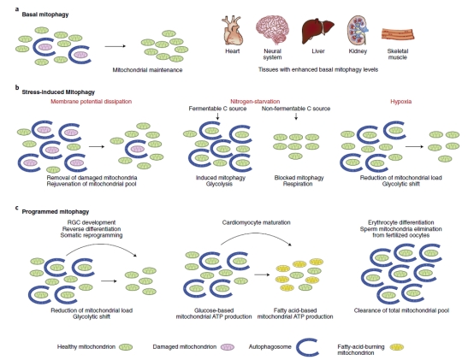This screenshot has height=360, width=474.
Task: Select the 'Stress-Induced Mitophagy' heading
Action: click(x=50, y=88)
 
